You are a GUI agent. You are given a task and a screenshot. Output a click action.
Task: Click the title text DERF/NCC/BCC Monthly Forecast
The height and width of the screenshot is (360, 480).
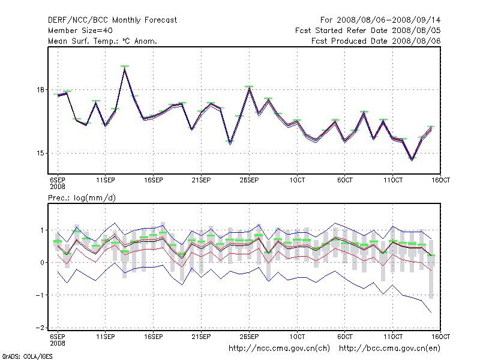coord(112,20)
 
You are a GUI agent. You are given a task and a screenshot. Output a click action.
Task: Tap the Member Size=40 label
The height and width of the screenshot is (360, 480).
coord(80,31)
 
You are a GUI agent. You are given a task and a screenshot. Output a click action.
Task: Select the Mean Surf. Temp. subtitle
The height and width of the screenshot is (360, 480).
coord(106,41)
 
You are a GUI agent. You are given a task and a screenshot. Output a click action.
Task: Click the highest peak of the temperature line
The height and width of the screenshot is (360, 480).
coord(124,69)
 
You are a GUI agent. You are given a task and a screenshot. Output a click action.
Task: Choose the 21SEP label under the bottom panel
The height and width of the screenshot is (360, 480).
coord(201,337)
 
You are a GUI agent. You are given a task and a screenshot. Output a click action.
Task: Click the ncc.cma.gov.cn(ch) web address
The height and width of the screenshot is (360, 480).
coord(280,348)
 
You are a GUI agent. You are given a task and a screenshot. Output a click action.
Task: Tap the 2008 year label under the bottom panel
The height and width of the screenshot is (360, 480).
coord(57,343)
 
